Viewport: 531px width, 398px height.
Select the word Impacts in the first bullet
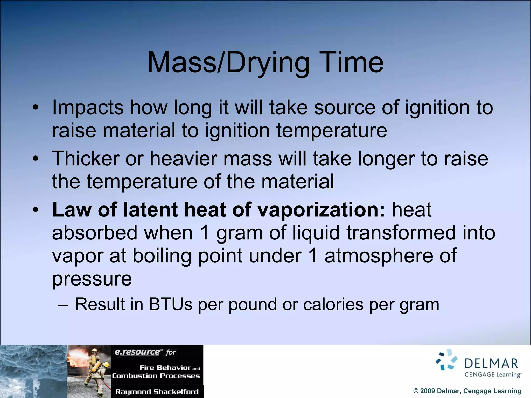[88, 108]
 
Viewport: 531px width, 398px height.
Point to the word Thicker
[86, 158]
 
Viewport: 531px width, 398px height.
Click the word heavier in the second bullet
[183, 158]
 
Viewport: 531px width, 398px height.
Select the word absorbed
[95, 232]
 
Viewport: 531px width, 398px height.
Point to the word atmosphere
[379, 255]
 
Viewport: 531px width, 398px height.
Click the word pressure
[92, 279]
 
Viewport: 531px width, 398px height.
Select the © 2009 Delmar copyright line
[467, 391]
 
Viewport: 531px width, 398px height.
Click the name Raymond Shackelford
[157, 392]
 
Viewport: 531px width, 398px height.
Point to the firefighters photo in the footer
[89, 371]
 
